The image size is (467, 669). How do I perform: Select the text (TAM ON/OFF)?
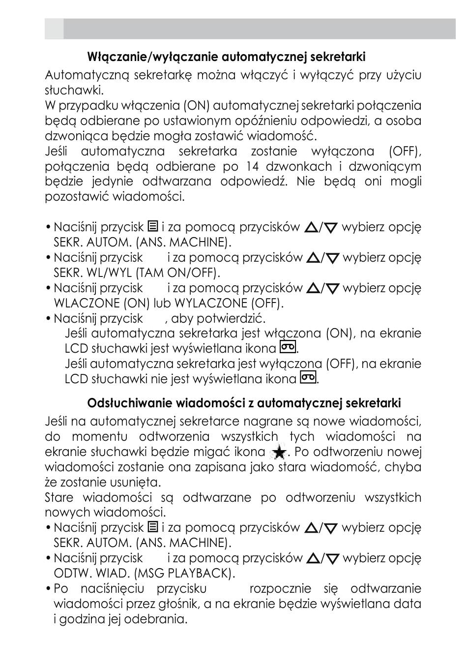[178, 273]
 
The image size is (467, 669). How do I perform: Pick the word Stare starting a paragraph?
[59, 497]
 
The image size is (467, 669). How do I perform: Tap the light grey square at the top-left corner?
[54, 29]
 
